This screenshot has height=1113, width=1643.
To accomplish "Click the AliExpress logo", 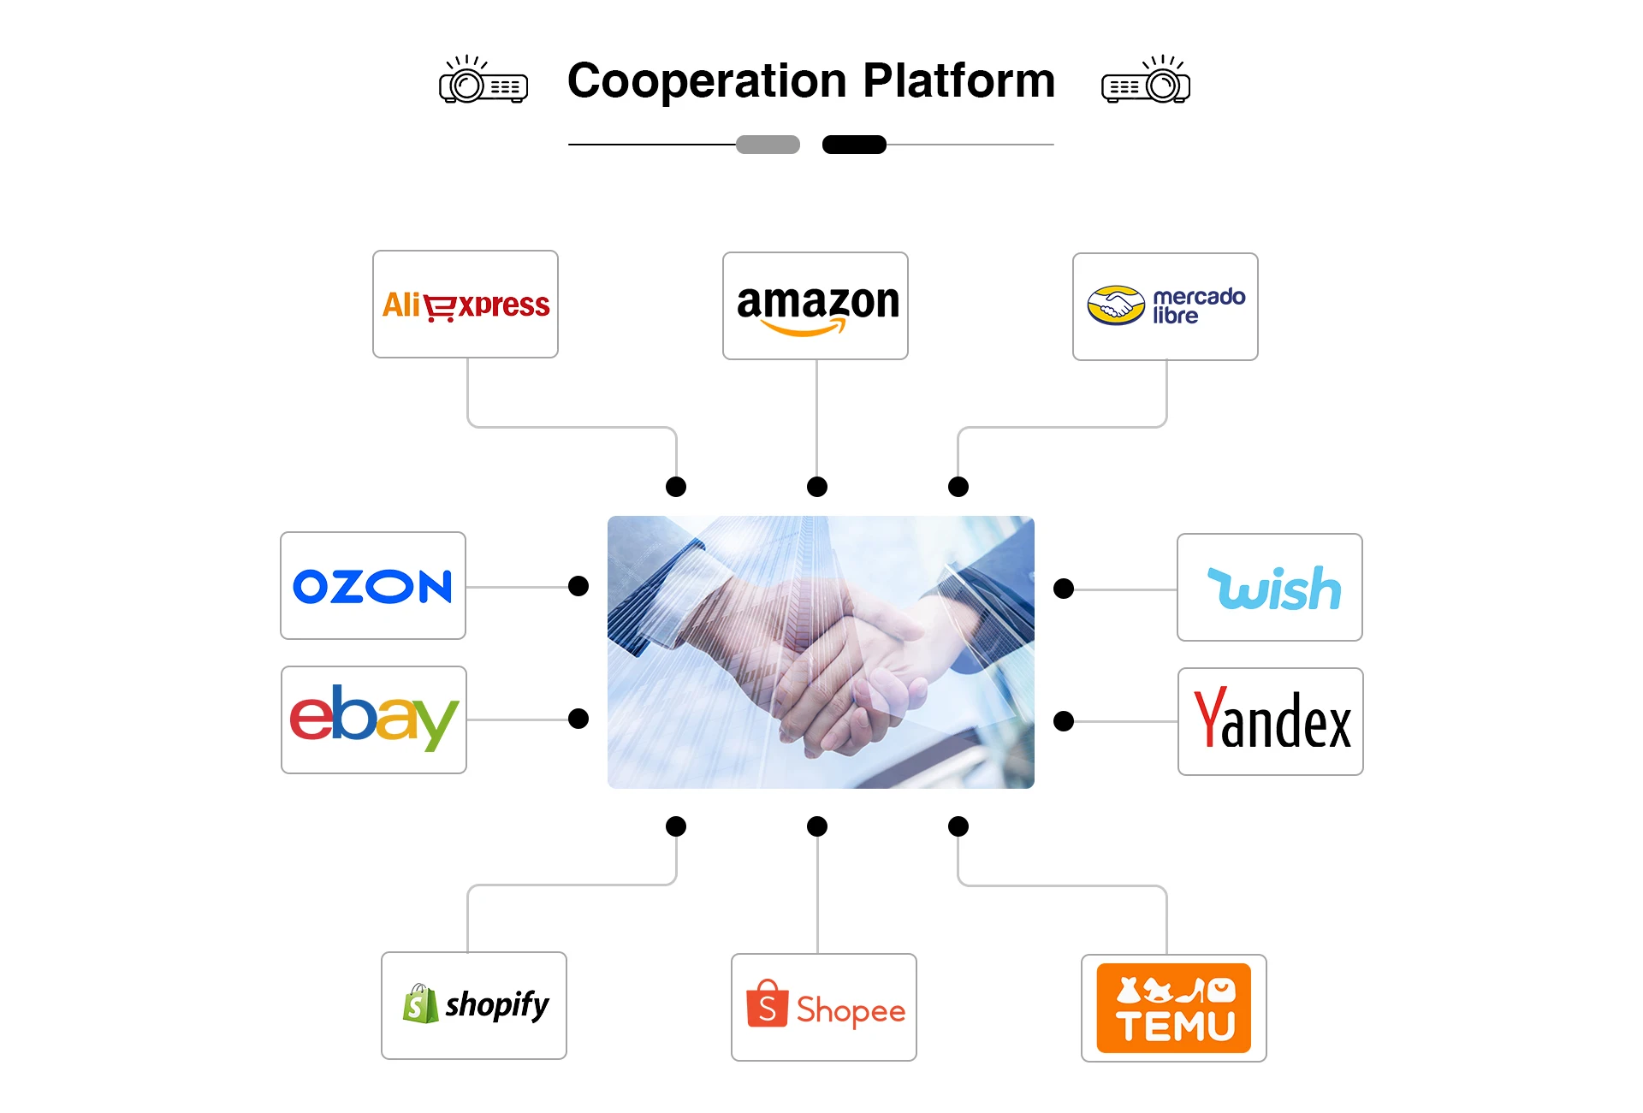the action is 466,305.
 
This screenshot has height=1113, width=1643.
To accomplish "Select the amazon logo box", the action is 816,305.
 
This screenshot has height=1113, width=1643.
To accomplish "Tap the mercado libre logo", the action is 1166,306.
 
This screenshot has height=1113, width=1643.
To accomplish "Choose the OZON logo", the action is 373,586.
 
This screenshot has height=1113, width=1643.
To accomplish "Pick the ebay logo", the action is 374,719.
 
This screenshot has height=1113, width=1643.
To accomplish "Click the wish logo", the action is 1270,588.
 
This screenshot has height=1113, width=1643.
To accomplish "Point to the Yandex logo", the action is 1271,721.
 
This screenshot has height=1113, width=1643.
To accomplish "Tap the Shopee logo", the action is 824,1008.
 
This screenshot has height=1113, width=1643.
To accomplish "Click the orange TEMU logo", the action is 1174,1009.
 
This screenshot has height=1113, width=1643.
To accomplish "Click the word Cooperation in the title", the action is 707,81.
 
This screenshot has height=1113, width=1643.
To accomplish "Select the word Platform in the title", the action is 958,81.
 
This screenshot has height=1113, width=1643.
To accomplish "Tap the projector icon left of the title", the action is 483,81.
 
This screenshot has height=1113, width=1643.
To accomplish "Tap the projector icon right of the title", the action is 1146,81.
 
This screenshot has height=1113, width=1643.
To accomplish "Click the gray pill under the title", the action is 768,145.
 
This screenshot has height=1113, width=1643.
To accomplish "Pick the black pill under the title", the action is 854,145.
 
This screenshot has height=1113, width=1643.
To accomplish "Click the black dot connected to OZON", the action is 578,586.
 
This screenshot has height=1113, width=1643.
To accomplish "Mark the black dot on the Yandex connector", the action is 1064,721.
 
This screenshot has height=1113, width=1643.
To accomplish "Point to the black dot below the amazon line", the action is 817,487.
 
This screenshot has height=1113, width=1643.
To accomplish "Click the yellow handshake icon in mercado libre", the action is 1116,305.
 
